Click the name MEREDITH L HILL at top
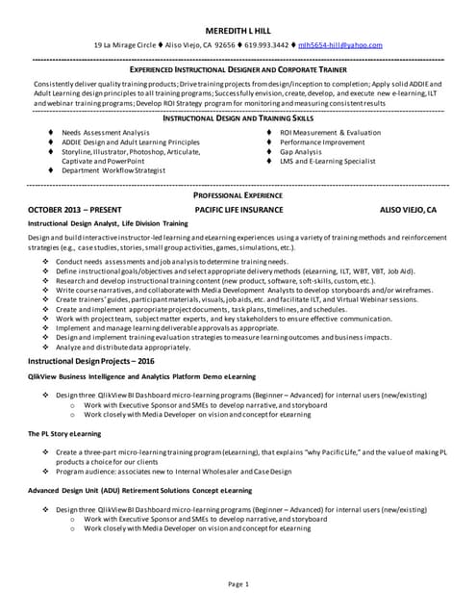point(238,31)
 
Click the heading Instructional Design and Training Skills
point(238,116)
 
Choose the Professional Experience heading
point(238,194)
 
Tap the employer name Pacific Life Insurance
point(238,209)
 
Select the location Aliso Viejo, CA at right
point(408,209)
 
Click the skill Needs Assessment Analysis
point(106,132)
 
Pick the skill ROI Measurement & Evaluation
point(330,132)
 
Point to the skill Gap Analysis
point(300,151)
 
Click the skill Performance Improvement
point(322,141)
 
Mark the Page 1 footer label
point(238,584)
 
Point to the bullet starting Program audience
point(173,472)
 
